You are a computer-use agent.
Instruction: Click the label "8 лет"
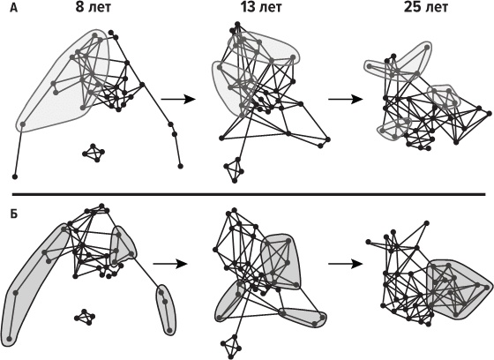[94, 8]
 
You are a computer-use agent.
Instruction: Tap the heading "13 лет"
[261, 8]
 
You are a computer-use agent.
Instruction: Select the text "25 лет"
[425, 8]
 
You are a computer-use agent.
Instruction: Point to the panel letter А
[13, 8]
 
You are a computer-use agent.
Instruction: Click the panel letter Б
[13, 214]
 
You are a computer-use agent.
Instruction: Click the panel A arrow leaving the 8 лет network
[178, 100]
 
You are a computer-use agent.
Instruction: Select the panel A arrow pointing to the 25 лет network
[346, 100]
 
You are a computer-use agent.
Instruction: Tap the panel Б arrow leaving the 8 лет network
[170, 264]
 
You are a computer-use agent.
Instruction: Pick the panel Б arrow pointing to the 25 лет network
[346, 264]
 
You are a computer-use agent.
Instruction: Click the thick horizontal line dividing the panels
[249, 194]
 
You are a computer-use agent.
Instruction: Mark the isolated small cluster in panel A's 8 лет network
[94, 153]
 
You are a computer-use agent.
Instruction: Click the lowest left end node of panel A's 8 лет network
[14, 176]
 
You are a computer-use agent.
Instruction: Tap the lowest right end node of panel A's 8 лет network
[180, 166]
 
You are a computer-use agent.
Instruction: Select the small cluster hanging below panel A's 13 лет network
[234, 170]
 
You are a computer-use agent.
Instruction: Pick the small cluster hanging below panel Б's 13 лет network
[231, 347]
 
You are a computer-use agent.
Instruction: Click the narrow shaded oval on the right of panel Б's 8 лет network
[166, 310]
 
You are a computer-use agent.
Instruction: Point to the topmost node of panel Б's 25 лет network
[426, 223]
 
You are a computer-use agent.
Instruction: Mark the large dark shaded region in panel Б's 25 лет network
[459, 289]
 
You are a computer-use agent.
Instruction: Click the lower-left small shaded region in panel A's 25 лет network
[393, 129]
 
